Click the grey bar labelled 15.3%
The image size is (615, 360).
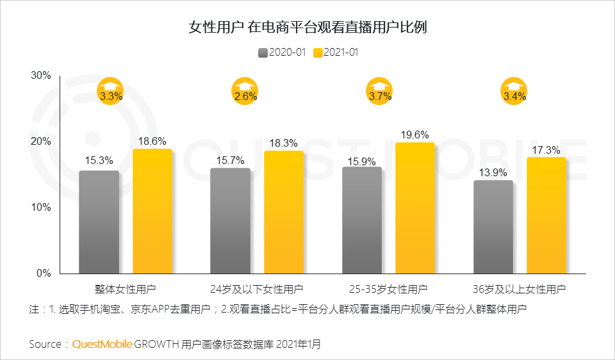[x=99, y=222]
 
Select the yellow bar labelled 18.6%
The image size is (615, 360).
[x=152, y=211]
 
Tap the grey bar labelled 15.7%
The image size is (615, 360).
[x=230, y=220]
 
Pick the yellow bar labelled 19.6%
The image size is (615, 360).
[x=415, y=208]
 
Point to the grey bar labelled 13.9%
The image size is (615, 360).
[x=493, y=227]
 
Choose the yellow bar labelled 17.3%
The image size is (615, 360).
[x=546, y=215]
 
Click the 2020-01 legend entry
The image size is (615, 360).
[x=283, y=53]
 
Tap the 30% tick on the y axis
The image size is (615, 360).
[x=41, y=76]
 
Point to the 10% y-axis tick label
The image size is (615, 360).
[x=41, y=208]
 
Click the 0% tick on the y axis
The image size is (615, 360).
[x=44, y=274]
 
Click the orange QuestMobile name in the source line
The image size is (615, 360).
[x=102, y=344]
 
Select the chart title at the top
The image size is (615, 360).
[x=307, y=27]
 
